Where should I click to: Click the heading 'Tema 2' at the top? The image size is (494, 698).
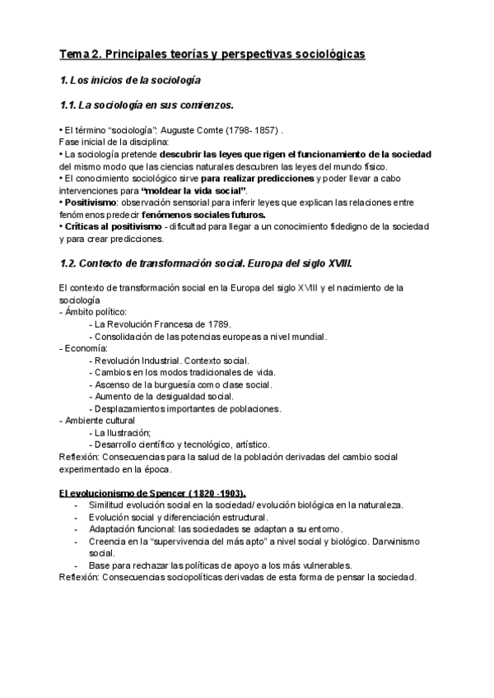82,54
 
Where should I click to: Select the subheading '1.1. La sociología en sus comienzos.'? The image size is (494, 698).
147,105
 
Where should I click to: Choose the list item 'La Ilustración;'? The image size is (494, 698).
123,432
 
